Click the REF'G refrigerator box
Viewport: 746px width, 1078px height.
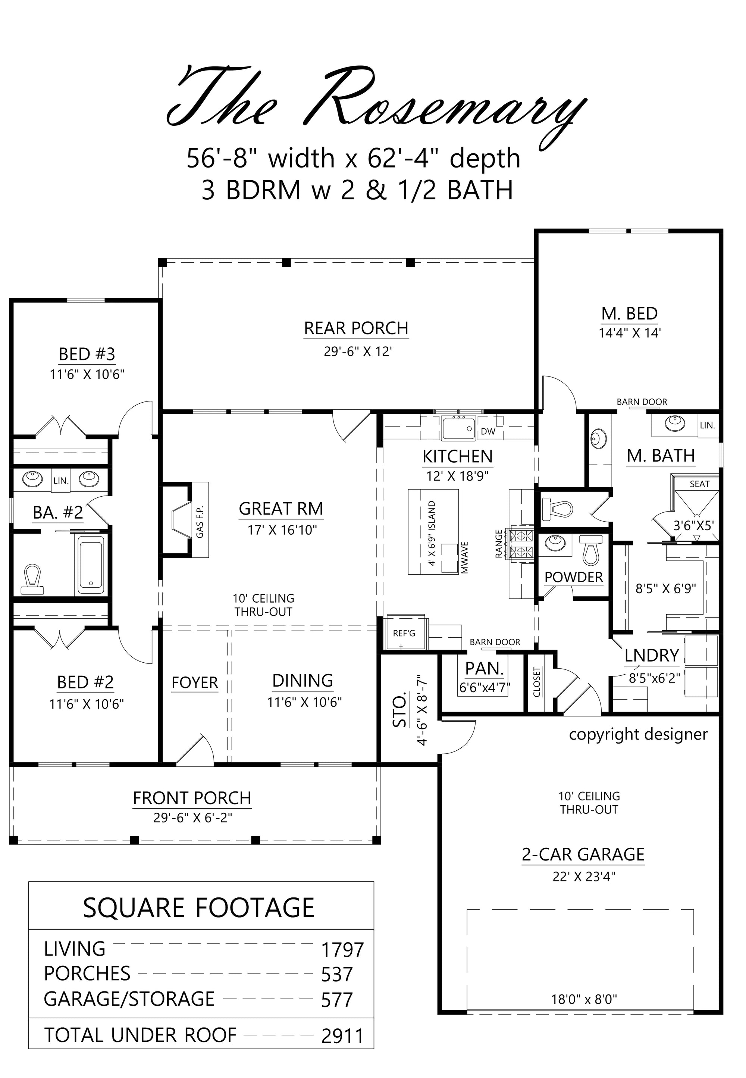(x=404, y=633)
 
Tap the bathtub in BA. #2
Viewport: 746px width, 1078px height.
(x=91, y=565)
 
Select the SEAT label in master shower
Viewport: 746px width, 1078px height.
(x=699, y=484)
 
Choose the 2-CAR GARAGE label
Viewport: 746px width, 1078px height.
(x=583, y=854)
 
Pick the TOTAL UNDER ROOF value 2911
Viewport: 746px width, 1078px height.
(x=342, y=1035)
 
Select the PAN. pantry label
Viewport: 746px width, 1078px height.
(x=484, y=669)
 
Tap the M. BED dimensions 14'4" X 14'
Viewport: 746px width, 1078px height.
(x=629, y=333)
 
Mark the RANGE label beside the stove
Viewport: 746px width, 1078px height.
(x=499, y=544)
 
